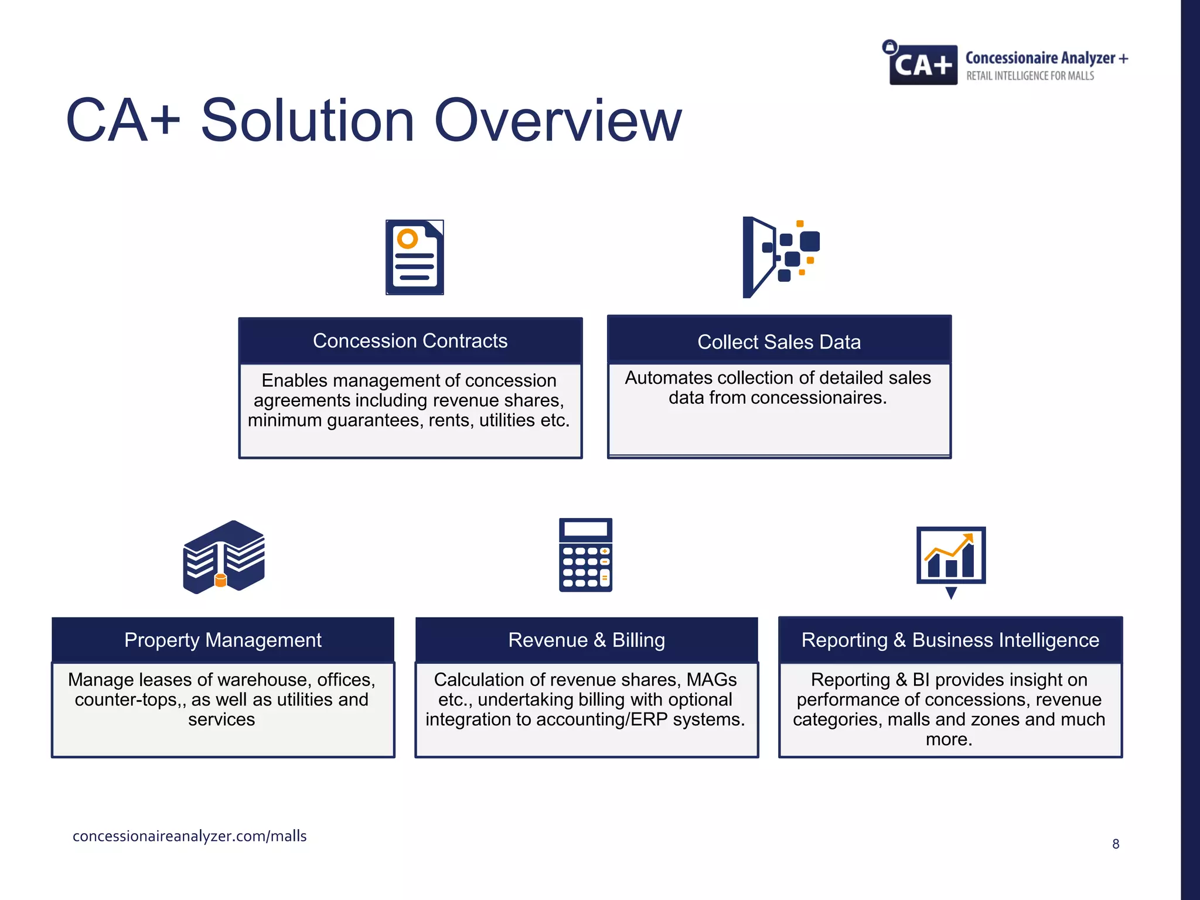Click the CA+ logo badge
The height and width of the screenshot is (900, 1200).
[x=923, y=64]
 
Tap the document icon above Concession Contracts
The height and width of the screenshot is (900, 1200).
[x=414, y=257]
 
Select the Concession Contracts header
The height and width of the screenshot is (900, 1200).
[x=410, y=341]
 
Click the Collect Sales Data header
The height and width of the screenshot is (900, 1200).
[x=779, y=342]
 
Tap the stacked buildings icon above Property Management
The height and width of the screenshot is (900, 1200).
[x=223, y=557]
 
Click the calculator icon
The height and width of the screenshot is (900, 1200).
[x=585, y=555]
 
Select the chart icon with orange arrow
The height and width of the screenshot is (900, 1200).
[x=950, y=557]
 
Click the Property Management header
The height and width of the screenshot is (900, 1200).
[x=223, y=640]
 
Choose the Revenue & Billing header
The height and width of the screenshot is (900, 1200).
[x=587, y=640]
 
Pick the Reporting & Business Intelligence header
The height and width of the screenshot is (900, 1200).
[x=950, y=640]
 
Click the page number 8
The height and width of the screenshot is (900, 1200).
[x=1116, y=844]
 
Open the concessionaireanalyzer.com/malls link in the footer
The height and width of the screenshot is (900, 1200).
[x=189, y=836]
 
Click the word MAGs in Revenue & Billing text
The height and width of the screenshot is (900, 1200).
[x=711, y=680]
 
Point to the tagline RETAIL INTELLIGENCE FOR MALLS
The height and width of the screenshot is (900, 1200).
[x=1029, y=76]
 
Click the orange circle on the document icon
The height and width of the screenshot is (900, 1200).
[x=407, y=239]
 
